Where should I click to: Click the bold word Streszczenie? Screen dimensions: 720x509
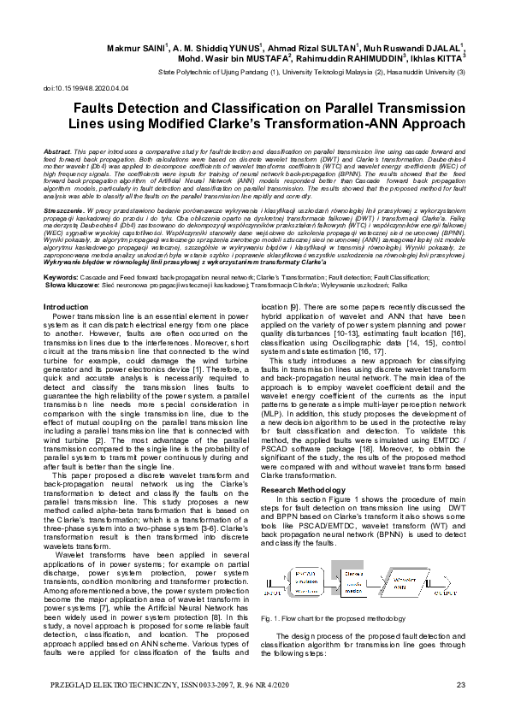pos(62,209)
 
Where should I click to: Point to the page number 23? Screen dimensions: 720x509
pos(460,684)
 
